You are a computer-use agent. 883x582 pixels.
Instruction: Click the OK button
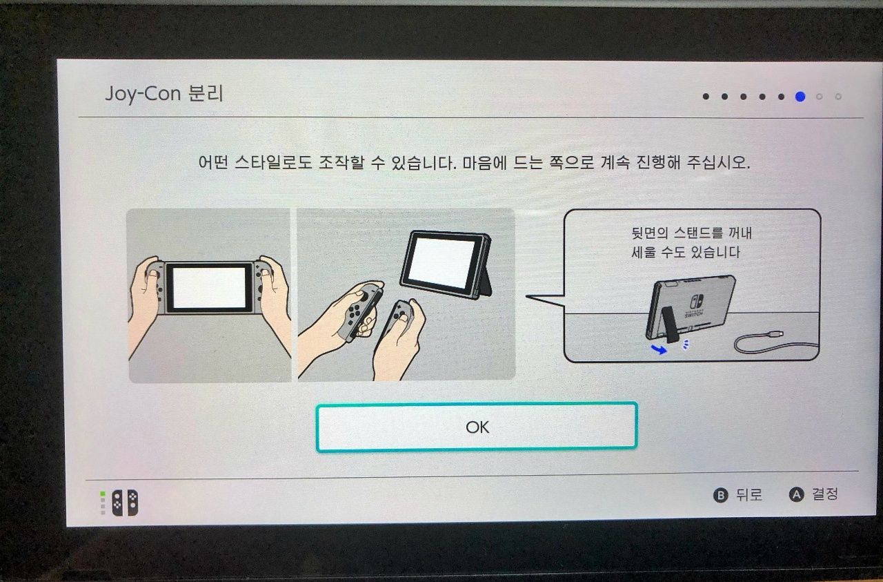(x=477, y=427)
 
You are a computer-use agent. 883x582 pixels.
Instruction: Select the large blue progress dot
(x=800, y=97)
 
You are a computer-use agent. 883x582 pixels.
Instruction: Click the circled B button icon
(x=721, y=495)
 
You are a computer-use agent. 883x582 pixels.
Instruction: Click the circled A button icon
(x=796, y=494)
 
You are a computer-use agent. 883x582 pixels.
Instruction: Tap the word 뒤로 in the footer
(x=749, y=495)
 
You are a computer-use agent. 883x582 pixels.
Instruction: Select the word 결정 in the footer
(x=824, y=494)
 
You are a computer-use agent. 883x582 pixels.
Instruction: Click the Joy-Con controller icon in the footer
(x=126, y=503)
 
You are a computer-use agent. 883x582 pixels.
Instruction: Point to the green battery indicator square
(x=103, y=494)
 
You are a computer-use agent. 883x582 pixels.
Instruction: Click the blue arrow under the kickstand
(x=659, y=349)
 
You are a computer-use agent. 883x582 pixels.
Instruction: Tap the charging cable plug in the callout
(x=775, y=335)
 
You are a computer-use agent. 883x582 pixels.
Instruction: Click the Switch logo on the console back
(x=696, y=302)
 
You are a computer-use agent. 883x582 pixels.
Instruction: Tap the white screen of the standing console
(x=441, y=263)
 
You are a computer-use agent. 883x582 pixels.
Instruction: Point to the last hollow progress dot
(x=838, y=97)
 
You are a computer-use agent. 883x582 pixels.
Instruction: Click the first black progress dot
(x=706, y=97)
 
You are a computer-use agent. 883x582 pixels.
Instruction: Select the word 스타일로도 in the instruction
(x=272, y=162)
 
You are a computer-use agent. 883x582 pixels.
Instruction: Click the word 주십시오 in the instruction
(x=718, y=162)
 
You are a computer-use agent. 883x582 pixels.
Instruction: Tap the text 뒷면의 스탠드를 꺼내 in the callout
(x=692, y=233)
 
